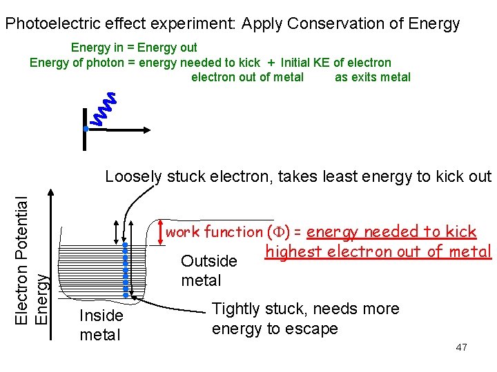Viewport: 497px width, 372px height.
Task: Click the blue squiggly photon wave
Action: [104, 110]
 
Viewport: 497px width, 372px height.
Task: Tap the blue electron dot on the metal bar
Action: [85, 129]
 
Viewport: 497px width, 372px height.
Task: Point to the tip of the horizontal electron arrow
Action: [148, 129]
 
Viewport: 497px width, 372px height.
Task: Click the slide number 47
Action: [461, 347]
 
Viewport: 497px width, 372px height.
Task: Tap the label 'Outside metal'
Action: [208, 271]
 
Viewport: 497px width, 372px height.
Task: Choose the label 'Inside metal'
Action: [101, 325]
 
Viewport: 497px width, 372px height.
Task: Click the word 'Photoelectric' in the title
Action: [52, 24]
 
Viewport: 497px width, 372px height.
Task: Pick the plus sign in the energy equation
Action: [271, 63]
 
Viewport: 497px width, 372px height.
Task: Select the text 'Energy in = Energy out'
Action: [134, 48]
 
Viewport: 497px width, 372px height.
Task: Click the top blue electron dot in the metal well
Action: [125, 245]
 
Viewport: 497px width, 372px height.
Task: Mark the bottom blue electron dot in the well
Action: [125, 295]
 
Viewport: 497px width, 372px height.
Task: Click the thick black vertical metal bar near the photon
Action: [84, 138]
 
